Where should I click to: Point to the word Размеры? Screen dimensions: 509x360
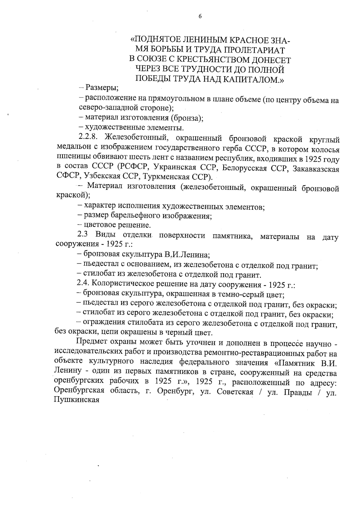[x=101, y=88]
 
